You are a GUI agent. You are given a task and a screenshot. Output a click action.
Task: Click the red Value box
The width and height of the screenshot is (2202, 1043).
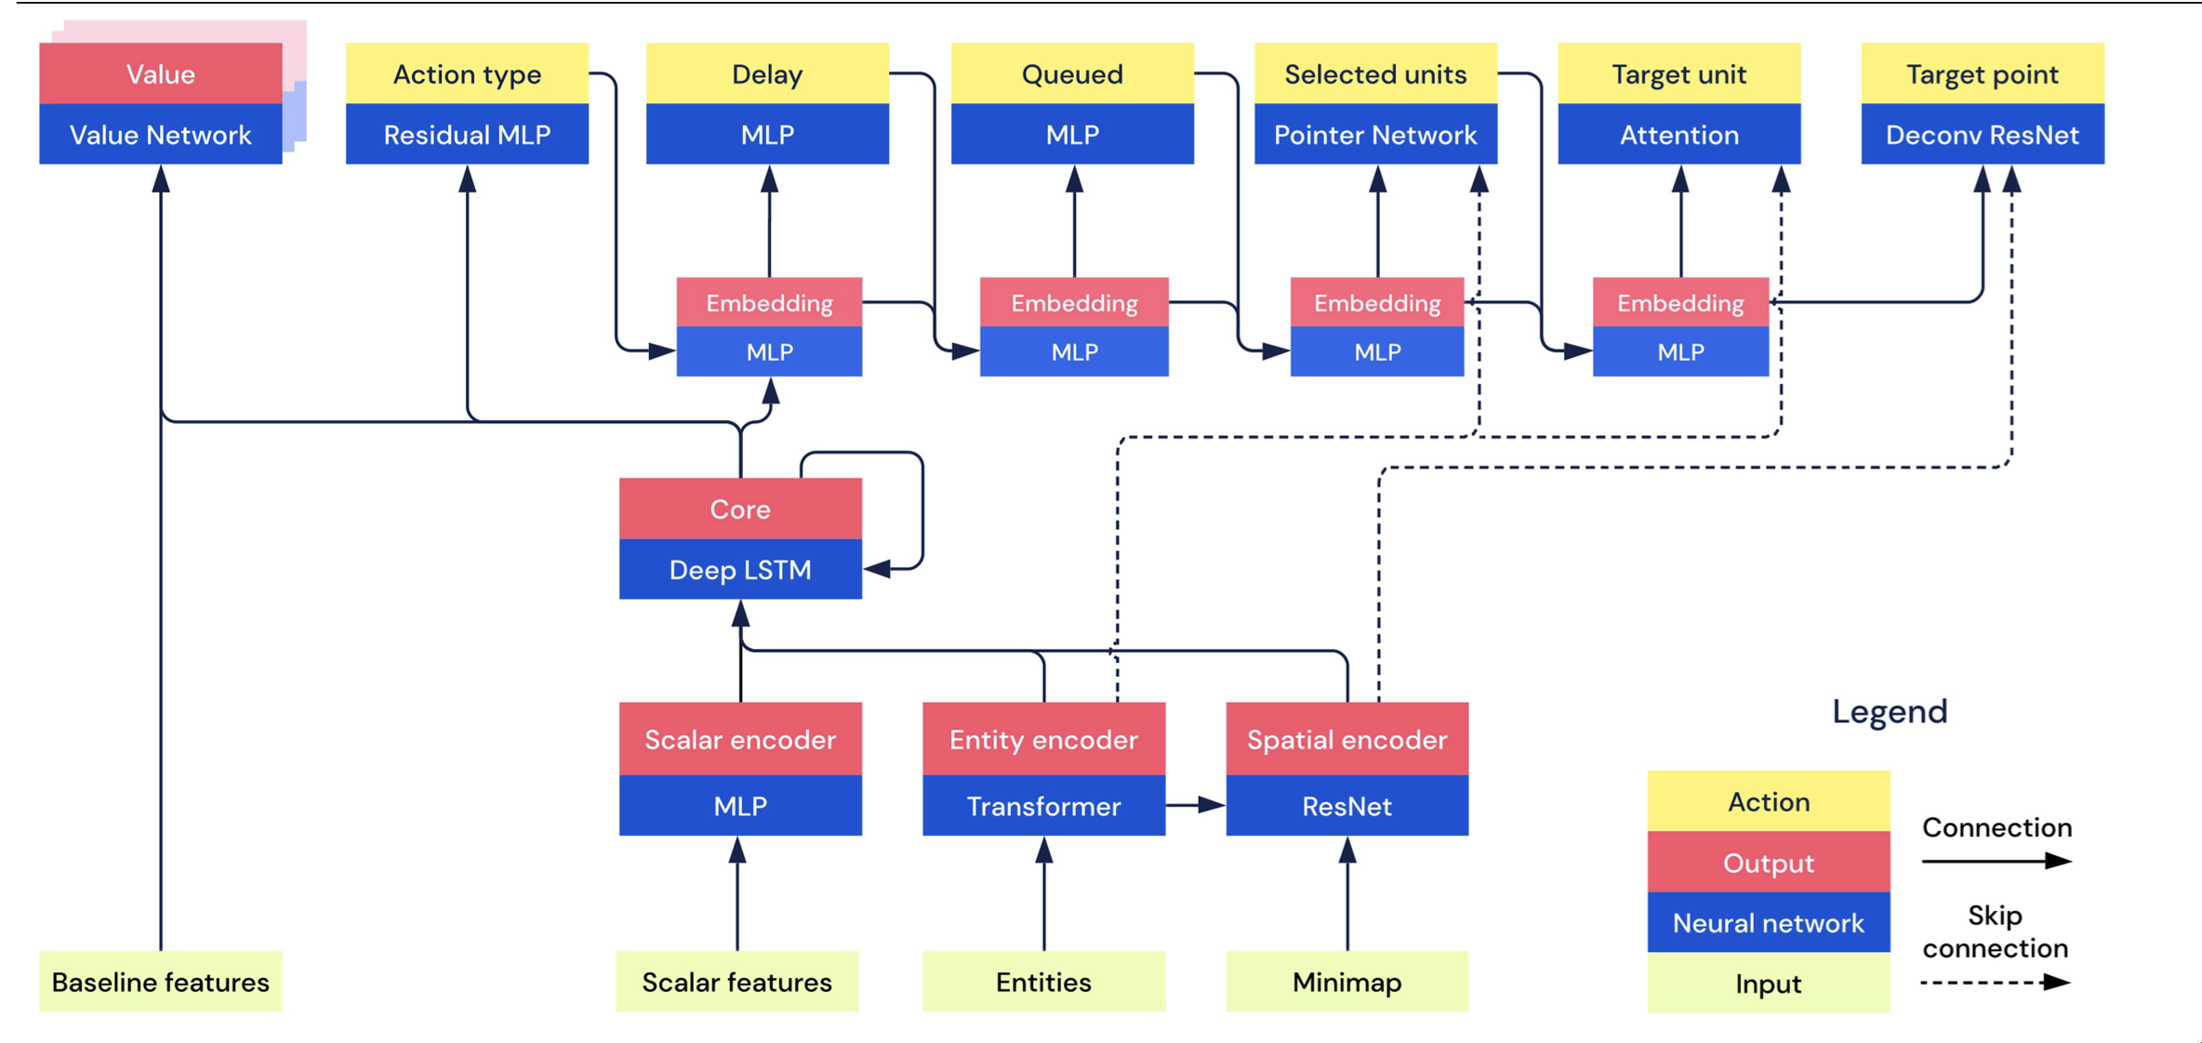coord(161,73)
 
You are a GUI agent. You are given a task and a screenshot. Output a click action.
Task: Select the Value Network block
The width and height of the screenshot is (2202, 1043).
coord(161,135)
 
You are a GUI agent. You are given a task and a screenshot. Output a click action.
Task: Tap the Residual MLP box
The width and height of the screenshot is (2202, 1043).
coord(467,135)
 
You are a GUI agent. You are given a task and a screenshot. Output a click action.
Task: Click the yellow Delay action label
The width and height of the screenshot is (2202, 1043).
coord(767,73)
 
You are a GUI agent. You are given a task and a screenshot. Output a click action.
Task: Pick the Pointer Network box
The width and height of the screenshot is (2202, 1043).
coord(1375,135)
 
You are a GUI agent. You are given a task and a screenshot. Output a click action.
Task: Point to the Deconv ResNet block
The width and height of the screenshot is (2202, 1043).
coord(1983,135)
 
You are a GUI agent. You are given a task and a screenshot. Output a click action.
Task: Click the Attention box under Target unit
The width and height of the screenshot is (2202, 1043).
coord(1679,135)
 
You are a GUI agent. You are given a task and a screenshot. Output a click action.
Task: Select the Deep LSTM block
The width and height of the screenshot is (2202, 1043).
coord(740,569)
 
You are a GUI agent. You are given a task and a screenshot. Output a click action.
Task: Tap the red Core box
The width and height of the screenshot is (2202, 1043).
coord(740,508)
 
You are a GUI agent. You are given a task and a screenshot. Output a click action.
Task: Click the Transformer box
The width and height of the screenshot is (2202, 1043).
coord(1043,806)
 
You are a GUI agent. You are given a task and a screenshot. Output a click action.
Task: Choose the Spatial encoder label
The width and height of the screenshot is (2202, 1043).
coord(1347,739)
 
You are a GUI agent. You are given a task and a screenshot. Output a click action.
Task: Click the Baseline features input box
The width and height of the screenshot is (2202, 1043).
coord(161,982)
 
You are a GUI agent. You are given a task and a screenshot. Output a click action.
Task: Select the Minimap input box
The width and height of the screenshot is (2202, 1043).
coord(1347,982)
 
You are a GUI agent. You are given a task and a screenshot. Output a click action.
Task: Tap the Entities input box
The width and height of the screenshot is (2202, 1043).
coord(1043,982)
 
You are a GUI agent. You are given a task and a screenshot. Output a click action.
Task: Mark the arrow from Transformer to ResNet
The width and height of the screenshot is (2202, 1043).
coord(1196,805)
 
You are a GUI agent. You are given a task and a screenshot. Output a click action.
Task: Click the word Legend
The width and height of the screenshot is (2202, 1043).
coord(1890,711)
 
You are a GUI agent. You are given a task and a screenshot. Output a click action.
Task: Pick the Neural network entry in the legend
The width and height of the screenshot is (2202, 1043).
coord(1769,922)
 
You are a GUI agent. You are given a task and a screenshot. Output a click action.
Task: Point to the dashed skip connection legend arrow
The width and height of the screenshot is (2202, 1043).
coord(1996,983)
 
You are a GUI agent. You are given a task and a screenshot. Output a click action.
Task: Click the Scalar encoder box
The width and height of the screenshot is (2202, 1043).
coord(740,739)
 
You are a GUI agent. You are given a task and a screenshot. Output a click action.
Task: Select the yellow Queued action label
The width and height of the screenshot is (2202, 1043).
coord(1072,73)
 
